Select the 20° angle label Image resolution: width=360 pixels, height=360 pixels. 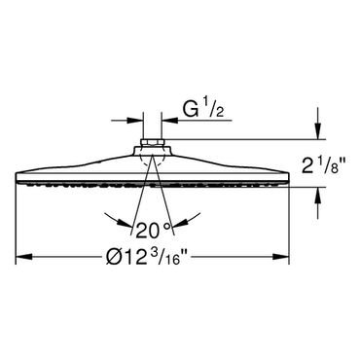153,231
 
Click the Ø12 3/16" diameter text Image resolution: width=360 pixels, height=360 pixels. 148,257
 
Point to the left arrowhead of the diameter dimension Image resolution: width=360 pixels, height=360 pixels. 24,257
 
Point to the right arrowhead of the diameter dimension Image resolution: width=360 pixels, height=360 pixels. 281,257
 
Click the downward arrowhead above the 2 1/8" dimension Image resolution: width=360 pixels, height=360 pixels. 318,131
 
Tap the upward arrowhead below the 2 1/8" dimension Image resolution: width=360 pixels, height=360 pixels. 318,196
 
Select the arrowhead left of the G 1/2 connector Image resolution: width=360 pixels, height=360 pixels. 135,121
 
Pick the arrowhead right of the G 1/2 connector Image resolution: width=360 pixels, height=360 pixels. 169,121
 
